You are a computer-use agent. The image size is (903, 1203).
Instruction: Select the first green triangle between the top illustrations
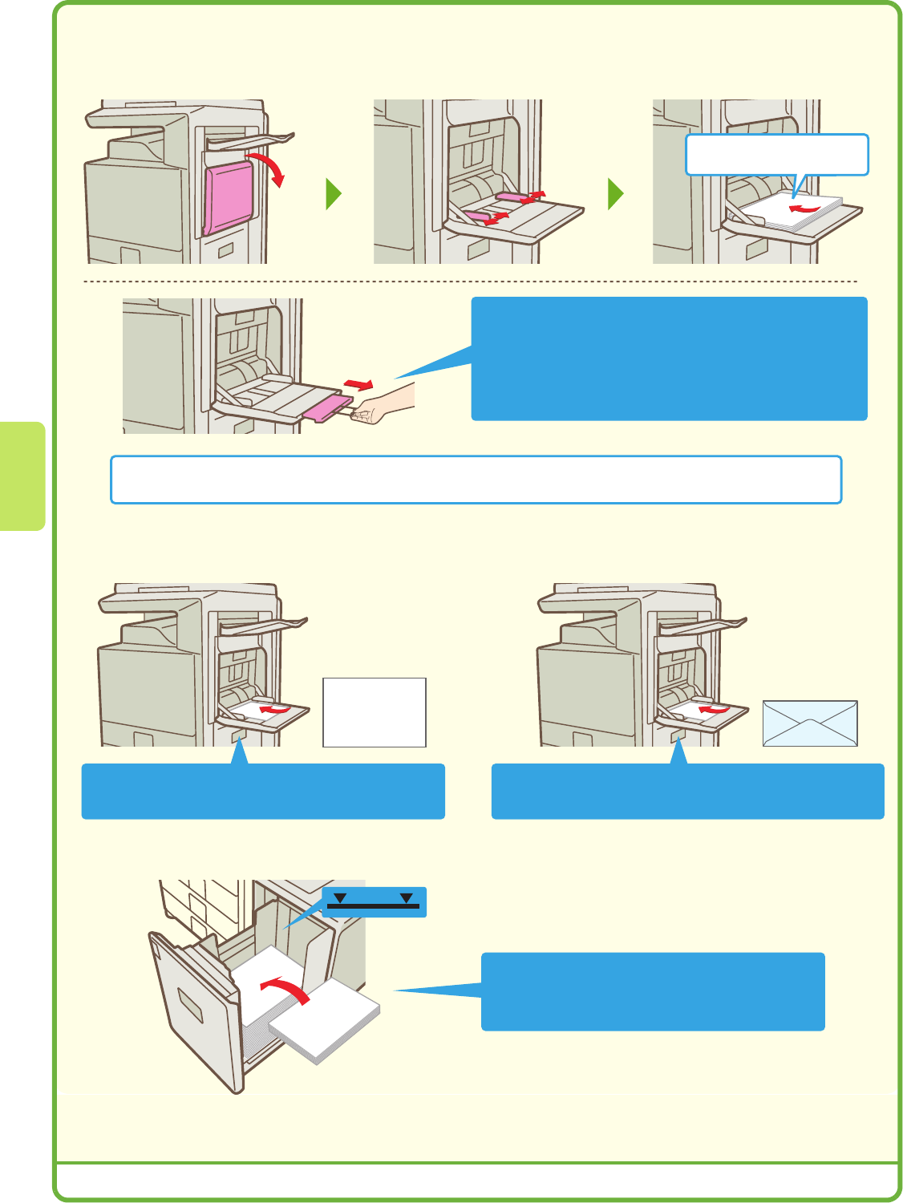click(x=334, y=194)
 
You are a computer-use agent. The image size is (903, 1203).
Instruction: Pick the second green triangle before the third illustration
click(x=616, y=194)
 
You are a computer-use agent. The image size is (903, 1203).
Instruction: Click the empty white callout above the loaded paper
click(x=776, y=155)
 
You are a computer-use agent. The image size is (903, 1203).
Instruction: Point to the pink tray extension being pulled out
click(x=329, y=407)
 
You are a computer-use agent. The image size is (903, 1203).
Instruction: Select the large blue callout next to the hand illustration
click(x=669, y=358)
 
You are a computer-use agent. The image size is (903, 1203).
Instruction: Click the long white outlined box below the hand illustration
click(x=476, y=480)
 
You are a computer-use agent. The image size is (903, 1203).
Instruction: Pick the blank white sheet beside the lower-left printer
click(x=375, y=712)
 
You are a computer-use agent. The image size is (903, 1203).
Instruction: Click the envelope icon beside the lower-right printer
click(x=810, y=723)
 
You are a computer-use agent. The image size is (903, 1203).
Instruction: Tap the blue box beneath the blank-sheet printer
click(x=263, y=791)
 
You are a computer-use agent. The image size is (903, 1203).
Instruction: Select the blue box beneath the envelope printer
click(x=687, y=791)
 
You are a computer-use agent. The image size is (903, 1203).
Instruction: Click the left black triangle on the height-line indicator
click(x=340, y=898)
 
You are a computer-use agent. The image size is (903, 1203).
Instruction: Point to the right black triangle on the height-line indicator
click(x=407, y=898)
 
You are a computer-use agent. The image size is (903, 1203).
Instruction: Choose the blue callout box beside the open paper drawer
click(x=653, y=991)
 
